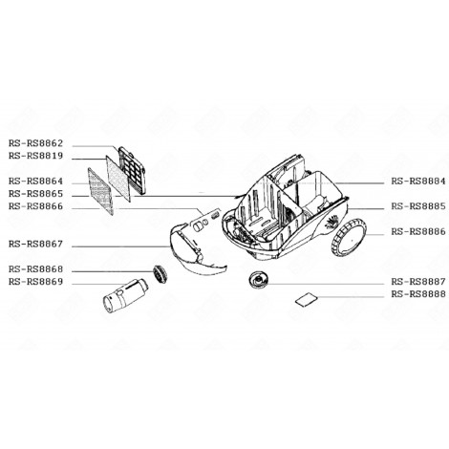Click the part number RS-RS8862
click(x=36, y=144)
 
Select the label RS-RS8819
click(x=36, y=156)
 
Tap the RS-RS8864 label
click(x=36, y=181)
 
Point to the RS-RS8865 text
click(x=36, y=193)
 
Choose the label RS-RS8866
click(x=36, y=205)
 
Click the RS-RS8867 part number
click(x=36, y=243)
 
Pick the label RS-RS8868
click(x=36, y=268)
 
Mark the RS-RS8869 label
click(x=36, y=281)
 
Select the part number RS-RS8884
click(x=417, y=181)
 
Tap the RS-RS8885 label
click(x=417, y=205)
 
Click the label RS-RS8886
click(x=417, y=230)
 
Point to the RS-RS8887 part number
click(x=417, y=281)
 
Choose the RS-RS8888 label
click(x=417, y=293)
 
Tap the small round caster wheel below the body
click(x=259, y=280)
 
